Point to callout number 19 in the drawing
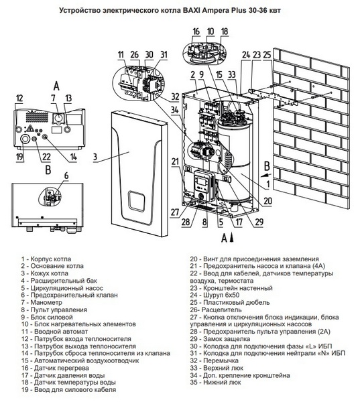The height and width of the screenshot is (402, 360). [19, 157]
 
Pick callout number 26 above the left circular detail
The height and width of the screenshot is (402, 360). [134, 54]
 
